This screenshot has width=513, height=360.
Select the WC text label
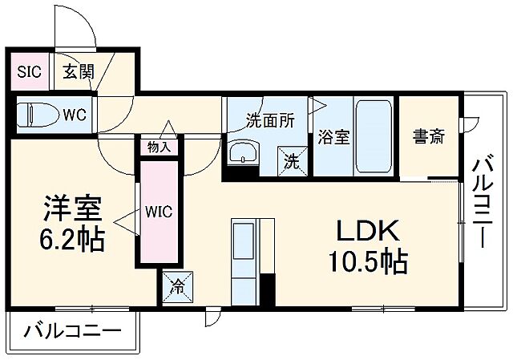[x=75, y=113]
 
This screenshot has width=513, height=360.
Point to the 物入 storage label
[x=160, y=147]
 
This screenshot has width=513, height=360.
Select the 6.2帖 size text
[x=72, y=239]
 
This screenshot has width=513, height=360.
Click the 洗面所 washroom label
[x=269, y=122]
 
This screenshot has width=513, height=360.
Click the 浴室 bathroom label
[x=333, y=136]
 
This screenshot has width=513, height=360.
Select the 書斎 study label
[x=429, y=136]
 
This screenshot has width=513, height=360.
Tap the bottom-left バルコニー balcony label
[x=72, y=330]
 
